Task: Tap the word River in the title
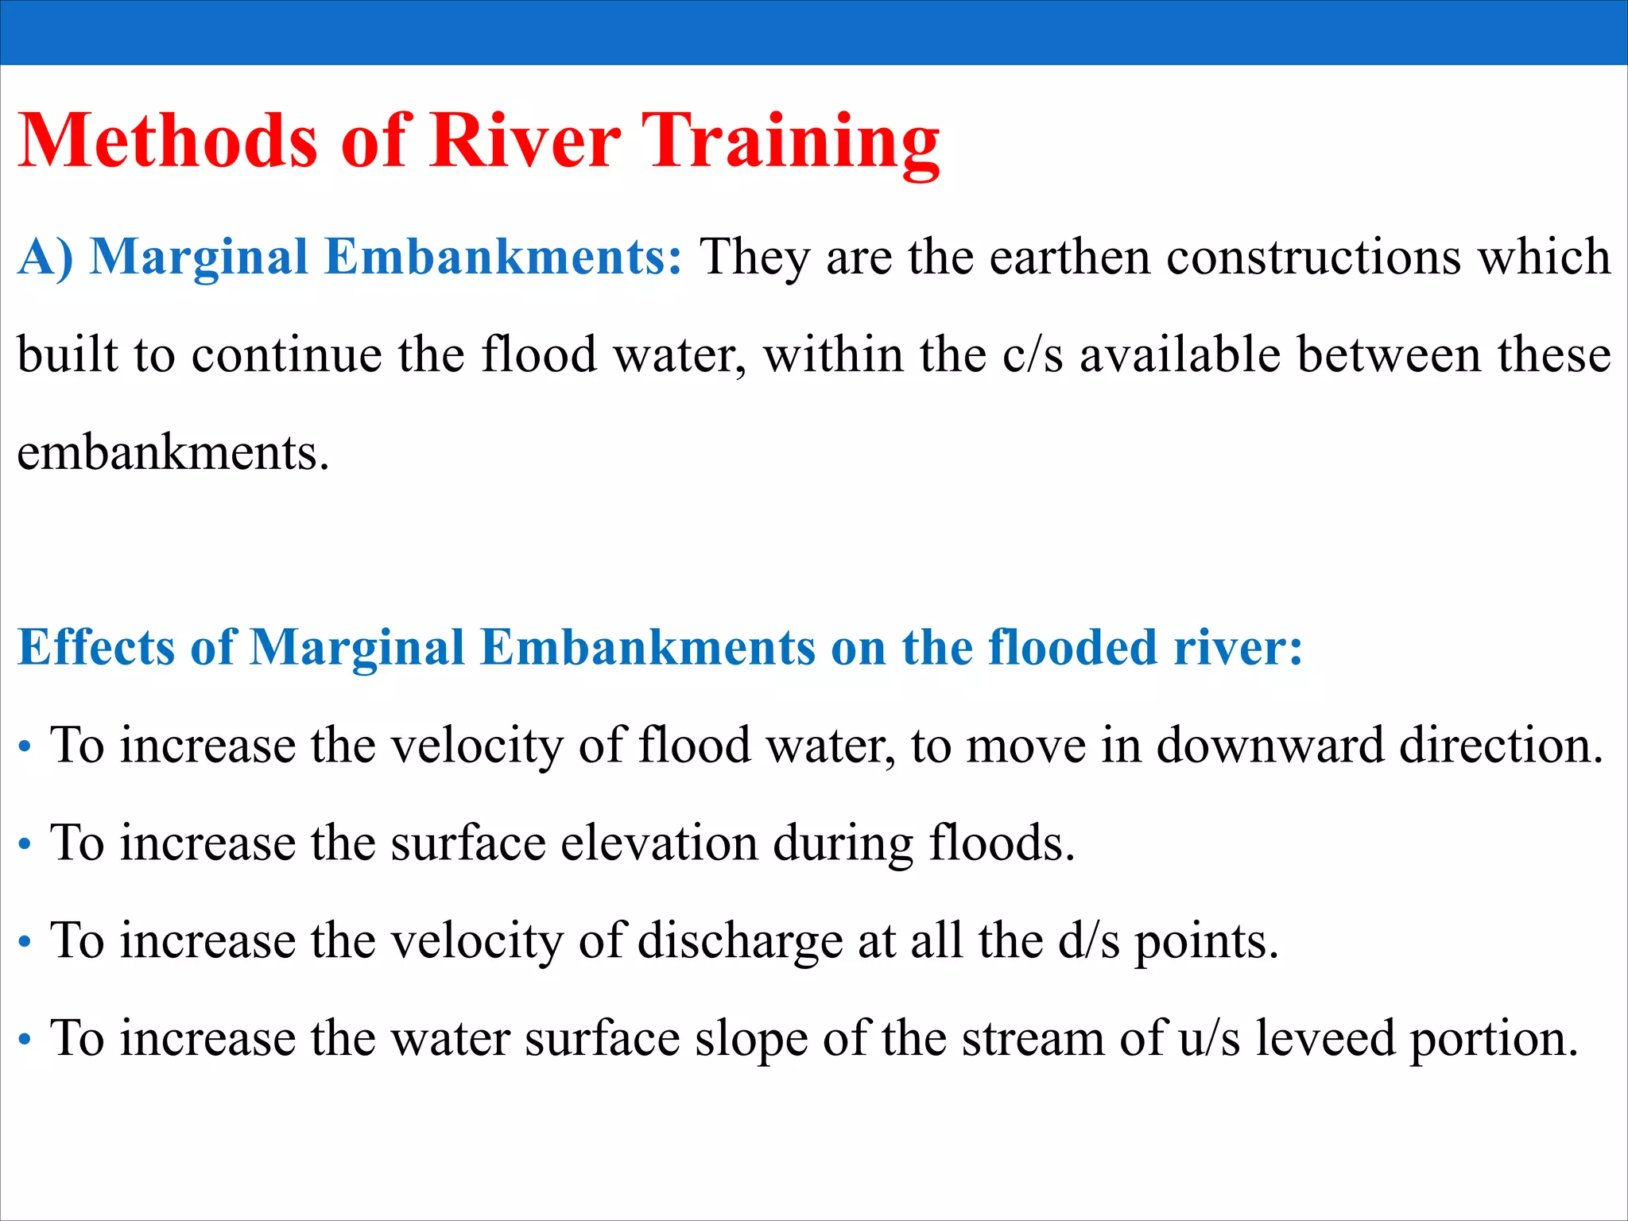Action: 525,141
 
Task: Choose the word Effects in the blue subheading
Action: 96,647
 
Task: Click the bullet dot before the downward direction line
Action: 25,748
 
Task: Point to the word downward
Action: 1269,746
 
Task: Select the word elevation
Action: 659,843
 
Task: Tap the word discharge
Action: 740,941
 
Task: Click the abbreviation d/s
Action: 1088,941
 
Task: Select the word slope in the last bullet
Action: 750,1039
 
